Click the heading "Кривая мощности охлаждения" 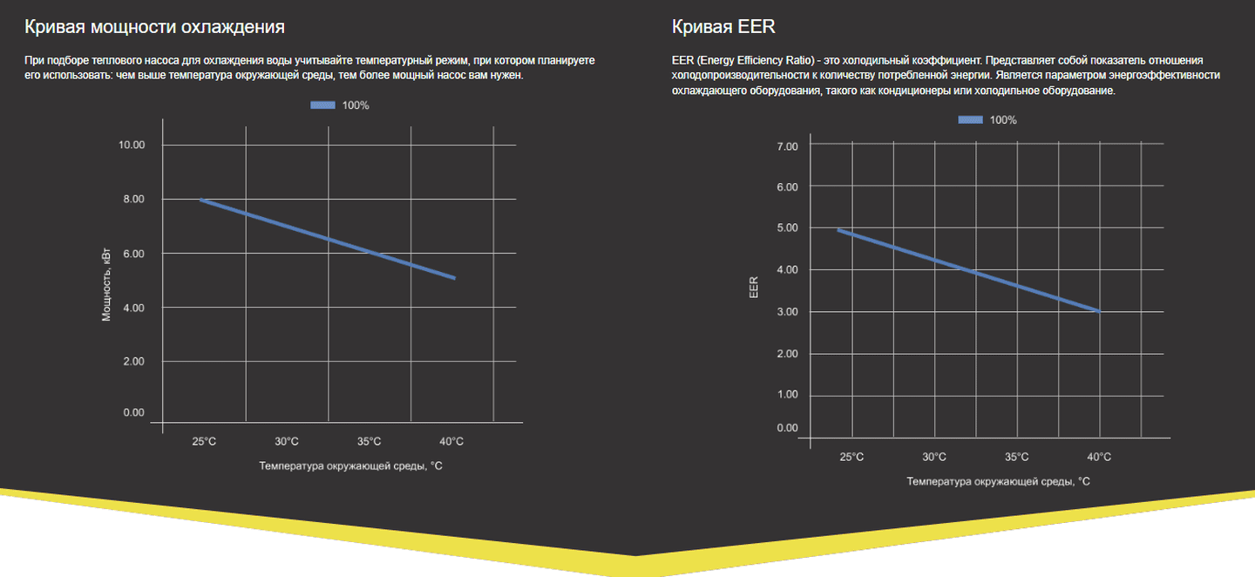pos(154,27)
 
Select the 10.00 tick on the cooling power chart pos(132,145)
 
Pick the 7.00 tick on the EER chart pos(787,146)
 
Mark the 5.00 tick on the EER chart pos(787,228)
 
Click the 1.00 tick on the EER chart pos(787,395)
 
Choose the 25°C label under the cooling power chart pos(204,441)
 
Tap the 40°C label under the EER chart pos(1099,457)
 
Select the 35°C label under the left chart pos(369,441)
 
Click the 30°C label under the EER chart pos(934,457)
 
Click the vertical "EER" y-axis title pos(755,288)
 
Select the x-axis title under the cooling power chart pos(350,465)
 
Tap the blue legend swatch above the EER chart pos(971,120)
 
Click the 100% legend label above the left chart pos(356,105)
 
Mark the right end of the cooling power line pos(454,278)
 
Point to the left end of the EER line pos(838,230)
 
